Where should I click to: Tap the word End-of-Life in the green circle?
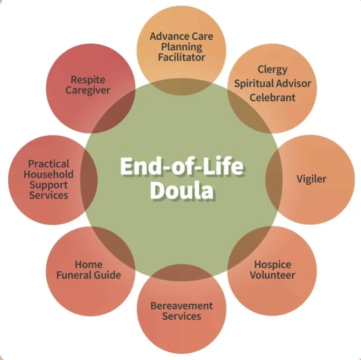point(181,167)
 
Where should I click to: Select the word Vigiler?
point(311,179)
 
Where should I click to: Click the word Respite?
point(88,80)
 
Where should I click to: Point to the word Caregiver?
point(88,90)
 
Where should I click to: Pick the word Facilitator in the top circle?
point(181,57)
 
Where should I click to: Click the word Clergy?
point(272,69)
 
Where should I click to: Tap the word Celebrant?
point(272,97)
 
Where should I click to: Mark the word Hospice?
point(272,264)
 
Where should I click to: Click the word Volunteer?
point(272,275)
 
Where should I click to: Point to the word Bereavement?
point(181,306)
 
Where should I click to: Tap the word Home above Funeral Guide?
point(88,264)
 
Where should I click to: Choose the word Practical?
point(49,164)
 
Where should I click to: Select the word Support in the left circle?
point(49,184)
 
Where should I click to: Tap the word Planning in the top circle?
point(181,47)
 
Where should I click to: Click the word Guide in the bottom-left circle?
point(108,275)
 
